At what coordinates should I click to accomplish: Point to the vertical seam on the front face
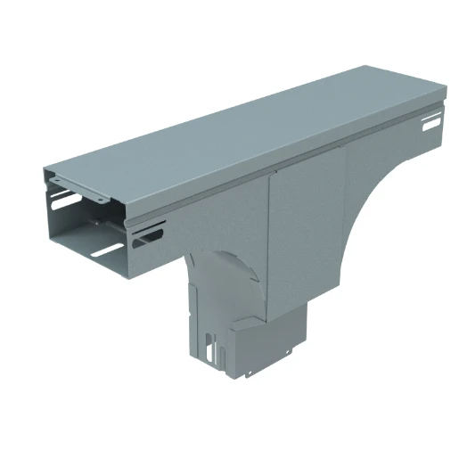click(x=270, y=241)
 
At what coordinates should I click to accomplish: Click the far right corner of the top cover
click(x=442, y=90)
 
